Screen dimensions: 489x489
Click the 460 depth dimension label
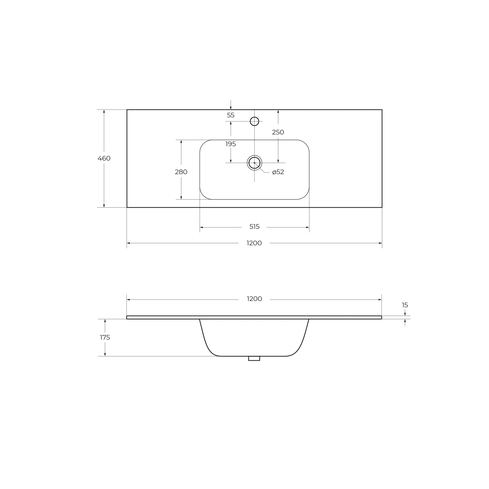(104, 158)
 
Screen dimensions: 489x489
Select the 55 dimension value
(231, 115)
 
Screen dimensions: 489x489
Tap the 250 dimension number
(278, 132)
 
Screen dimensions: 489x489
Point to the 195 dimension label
(231, 144)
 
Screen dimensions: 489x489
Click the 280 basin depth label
(181, 172)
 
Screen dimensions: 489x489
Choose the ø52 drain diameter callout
(278, 172)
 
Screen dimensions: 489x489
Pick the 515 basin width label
(255, 227)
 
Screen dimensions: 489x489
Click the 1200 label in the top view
(254, 243)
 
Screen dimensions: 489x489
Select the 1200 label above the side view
(254, 299)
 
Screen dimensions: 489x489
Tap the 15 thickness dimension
(405, 305)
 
